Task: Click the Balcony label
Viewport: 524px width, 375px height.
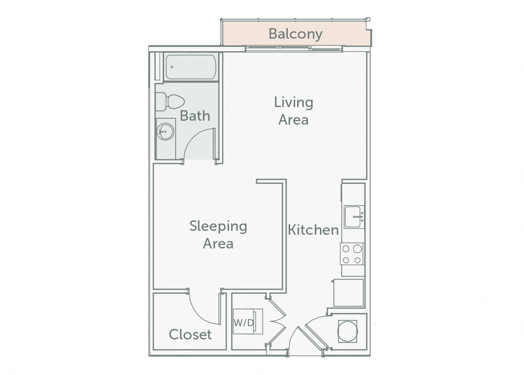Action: point(295,34)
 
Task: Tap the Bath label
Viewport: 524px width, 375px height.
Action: point(195,116)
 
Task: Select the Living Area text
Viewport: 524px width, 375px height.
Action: point(293,111)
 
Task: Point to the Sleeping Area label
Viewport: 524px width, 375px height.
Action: point(218,234)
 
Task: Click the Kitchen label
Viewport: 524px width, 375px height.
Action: point(313,230)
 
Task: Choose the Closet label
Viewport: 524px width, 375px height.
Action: point(190,334)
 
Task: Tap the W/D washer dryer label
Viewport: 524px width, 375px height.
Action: point(244,323)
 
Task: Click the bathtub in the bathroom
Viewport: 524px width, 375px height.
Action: point(190,67)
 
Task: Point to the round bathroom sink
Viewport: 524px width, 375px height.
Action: point(165,132)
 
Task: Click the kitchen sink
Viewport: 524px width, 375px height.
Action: point(354,217)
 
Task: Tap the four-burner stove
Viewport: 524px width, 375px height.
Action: point(352,254)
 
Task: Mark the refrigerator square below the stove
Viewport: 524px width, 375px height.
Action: point(348,293)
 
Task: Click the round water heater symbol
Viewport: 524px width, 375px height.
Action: point(347,331)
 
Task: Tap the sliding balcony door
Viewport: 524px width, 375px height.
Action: point(293,49)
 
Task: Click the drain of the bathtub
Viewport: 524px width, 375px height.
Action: point(172,67)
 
